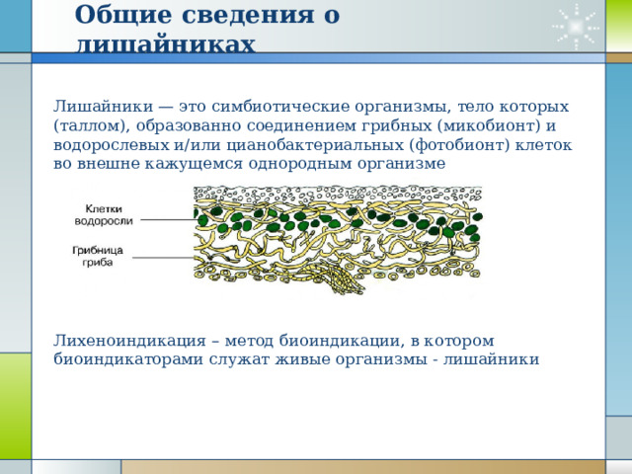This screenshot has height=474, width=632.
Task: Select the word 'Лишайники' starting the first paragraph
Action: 103,107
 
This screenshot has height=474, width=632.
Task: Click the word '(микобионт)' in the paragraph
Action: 489,126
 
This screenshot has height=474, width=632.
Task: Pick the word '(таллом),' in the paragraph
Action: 92,126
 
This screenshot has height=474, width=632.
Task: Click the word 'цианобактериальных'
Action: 315,145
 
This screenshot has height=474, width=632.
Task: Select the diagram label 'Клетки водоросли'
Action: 104,215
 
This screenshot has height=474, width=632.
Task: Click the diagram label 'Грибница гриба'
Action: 98,257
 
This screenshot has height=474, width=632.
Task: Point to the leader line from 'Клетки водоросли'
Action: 167,219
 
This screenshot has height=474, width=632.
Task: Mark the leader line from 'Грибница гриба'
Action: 164,258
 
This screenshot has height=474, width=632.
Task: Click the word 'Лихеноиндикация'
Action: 129,341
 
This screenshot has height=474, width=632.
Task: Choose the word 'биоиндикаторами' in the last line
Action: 128,359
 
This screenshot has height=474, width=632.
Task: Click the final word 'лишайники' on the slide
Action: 492,359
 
